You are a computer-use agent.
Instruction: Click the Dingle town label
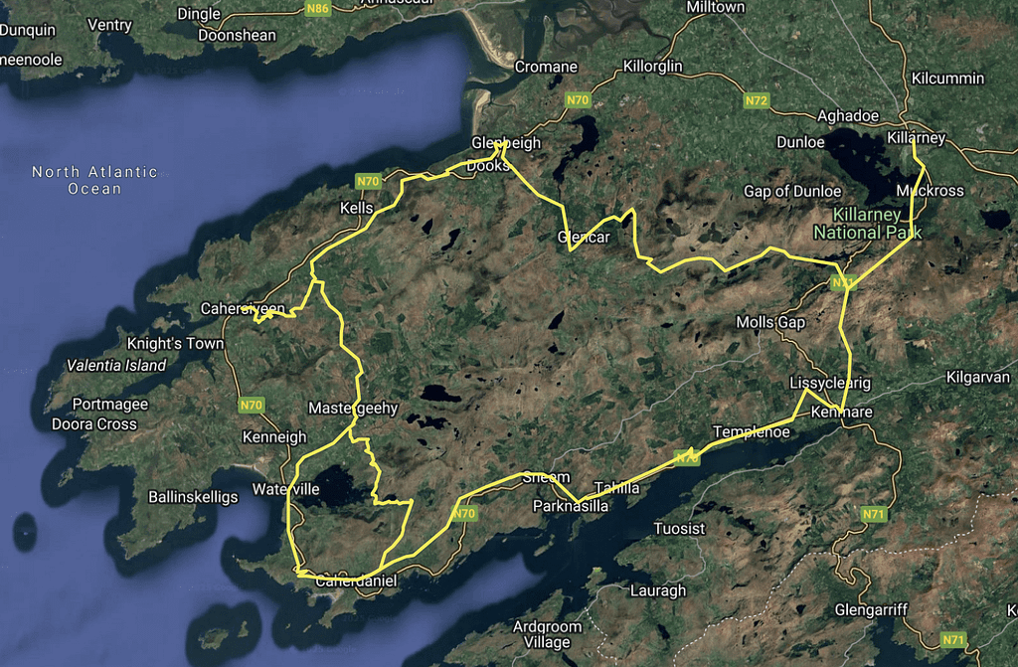click(199, 14)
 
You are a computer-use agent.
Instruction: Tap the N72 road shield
click(757, 100)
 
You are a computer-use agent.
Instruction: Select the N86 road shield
click(317, 8)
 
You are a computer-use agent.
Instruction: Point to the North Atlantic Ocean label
click(94, 180)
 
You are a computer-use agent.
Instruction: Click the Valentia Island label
click(116, 365)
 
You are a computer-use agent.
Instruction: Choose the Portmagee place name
click(110, 405)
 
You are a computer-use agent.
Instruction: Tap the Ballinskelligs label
click(193, 495)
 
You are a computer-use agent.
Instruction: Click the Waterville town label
click(286, 489)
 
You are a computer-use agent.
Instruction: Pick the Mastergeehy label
click(353, 408)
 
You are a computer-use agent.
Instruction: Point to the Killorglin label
click(652, 67)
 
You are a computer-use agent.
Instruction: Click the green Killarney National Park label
click(868, 224)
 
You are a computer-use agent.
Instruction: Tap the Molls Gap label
click(770, 322)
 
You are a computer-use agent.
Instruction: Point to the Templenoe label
click(751, 431)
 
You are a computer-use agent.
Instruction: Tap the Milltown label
click(715, 7)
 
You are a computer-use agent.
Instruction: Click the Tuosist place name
click(679, 528)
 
